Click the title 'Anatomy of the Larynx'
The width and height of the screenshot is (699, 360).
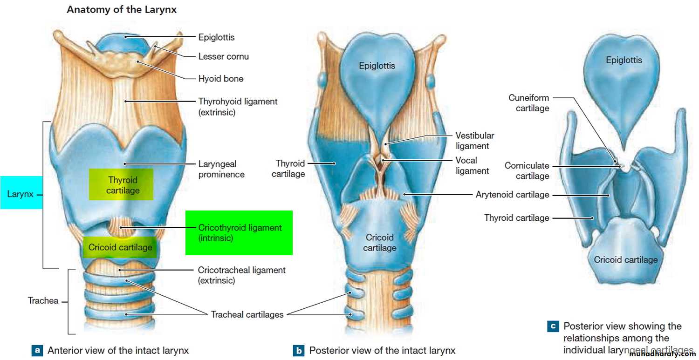[122, 9]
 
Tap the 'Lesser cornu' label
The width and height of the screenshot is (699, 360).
[224, 56]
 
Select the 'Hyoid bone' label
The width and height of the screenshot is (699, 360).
[221, 79]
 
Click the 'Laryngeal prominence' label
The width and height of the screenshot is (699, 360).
[221, 169]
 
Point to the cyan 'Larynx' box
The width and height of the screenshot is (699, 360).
[21, 193]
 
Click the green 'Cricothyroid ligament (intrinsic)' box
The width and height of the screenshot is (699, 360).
[239, 233]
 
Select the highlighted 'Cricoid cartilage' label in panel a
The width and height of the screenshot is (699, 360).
[120, 247]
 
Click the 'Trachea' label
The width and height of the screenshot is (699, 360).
[43, 300]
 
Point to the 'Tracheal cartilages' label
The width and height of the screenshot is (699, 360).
[247, 314]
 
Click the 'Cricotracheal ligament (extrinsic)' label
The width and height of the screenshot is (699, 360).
[241, 275]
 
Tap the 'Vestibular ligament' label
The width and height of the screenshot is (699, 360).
[474, 141]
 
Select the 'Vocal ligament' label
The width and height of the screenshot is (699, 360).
[472, 165]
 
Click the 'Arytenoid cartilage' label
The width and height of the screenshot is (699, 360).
[512, 195]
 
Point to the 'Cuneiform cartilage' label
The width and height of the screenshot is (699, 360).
[528, 103]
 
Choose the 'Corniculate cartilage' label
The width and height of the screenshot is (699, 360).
[527, 171]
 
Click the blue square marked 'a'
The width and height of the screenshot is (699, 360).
[37, 350]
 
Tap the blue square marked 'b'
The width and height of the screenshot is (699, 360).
[299, 350]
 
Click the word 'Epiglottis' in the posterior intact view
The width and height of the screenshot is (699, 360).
[377, 66]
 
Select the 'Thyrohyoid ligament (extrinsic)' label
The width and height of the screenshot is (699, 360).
[238, 106]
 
